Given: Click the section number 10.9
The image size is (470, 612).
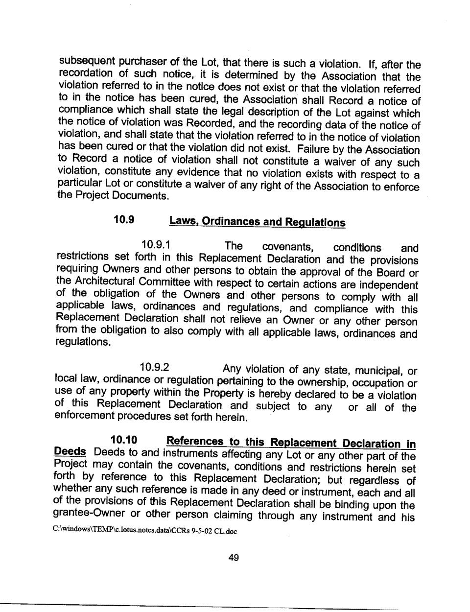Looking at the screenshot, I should [124, 219].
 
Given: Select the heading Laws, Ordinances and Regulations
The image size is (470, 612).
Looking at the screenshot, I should [257, 222].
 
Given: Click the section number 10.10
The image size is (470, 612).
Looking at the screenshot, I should [124, 440].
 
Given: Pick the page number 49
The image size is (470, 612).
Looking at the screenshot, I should [234, 558].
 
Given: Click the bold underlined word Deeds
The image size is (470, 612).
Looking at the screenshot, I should [70, 452].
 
